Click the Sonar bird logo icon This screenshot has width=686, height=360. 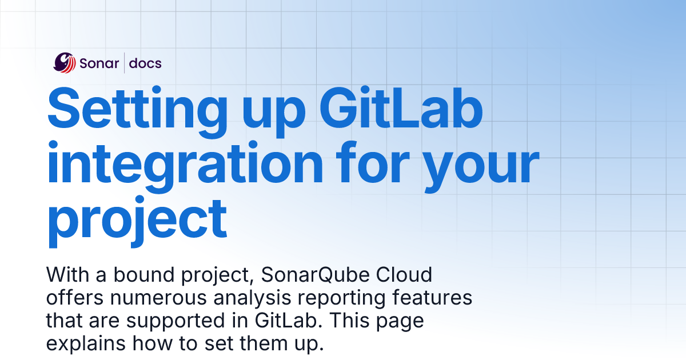point(65,63)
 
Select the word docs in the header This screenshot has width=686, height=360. point(145,63)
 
